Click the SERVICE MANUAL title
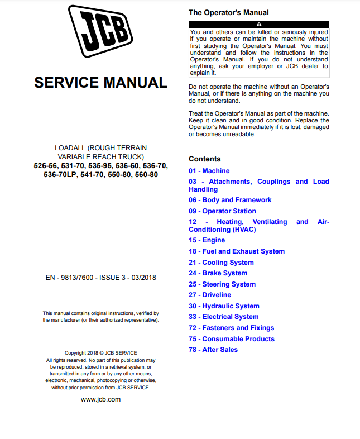pyautogui.click(x=100, y=83)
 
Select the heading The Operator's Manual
pyautogui.click(x=228, y=12)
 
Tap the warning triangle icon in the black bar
pyautogui.click(x=258, y=24)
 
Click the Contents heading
pyautogui.click(x=204, y=159)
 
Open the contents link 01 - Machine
pyautogui.click(x=209, y=171)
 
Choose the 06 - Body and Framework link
pyautogui.click(x=230, y=200)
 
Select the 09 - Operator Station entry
pyautogui.click(x=222, y=211)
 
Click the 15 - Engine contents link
pyautogui.click(x=207, y=240)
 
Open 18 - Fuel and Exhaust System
pyautogui.click(x=237, y=251)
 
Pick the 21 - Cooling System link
pyautogui.click(x=221, y=263)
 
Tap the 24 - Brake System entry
pyautogui.click(x=218, y=273)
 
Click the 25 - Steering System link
pyautogui.click(x=222, y=284)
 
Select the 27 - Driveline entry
pyautogui.click(x=210, y=295)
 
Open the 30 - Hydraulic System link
pyautogui.click(x=224, y=306)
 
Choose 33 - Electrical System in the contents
pyautogui.click(x=223, y=317)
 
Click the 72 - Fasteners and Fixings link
pyautogui.click(x=231, y=328)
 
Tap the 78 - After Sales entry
pyautogui.click(x=213, y=350)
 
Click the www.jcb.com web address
pyautogui.click(x=100, y=399)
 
